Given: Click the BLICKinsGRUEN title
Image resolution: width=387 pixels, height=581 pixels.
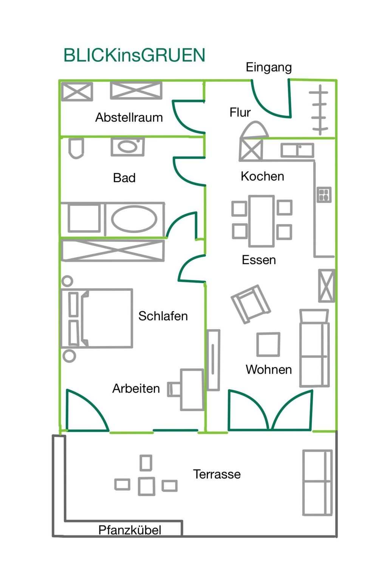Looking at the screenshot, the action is (134, 55).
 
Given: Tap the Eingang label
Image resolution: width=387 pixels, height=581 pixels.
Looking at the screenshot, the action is (269, 68).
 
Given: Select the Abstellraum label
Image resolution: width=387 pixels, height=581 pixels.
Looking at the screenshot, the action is (129, 118).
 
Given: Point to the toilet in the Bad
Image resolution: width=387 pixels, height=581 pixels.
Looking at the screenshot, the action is (76, 148).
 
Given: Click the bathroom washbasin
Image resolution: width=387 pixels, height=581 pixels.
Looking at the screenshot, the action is (128, 147).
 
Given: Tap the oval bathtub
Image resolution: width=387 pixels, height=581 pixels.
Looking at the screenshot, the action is (134, 219).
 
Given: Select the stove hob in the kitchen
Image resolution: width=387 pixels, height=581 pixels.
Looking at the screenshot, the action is (324, 194).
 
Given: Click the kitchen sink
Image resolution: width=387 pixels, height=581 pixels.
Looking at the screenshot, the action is (297, 151).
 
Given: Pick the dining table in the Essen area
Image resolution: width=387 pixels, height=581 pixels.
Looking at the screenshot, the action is (261, 221).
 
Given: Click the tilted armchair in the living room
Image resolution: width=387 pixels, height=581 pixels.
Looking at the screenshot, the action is (251, 304).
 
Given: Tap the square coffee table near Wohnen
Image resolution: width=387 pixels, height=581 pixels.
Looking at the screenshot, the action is (268, 345).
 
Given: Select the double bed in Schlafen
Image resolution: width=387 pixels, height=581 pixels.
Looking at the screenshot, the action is (96, 318).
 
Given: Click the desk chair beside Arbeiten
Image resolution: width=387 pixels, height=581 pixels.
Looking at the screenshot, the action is (174, 389).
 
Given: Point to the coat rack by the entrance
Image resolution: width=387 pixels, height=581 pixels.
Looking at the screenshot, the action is (320, 110).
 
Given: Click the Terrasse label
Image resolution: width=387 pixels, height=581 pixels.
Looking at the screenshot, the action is (217, 474).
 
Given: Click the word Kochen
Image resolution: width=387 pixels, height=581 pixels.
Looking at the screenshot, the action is (262, 176).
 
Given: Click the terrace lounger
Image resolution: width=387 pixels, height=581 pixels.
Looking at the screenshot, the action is (317, 483).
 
